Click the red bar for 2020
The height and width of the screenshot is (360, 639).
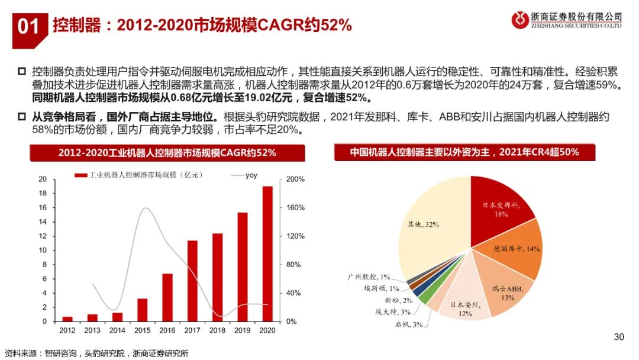click(x=267, y=255)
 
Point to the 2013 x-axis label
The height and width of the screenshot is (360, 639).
click(x=92, y=329)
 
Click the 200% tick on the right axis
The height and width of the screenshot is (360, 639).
click(x=295, y=179)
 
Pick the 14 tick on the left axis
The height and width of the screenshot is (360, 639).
click(x=43, y=222)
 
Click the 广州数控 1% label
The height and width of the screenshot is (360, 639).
click(x=369, y=277)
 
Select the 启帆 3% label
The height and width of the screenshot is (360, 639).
click(x=410, y=324)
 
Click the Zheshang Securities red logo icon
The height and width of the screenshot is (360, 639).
click(x=519, y=20)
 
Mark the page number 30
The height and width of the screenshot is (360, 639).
click(x=619, y=337)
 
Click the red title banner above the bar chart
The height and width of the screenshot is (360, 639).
click(x=167, y=152)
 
